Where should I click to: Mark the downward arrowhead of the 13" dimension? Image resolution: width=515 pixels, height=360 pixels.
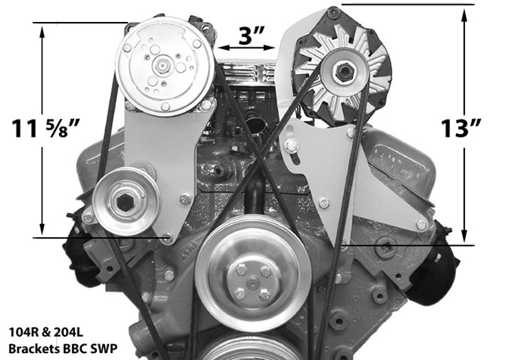[465, 234]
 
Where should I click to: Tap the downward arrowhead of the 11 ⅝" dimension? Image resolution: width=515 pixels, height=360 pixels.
[43, 229]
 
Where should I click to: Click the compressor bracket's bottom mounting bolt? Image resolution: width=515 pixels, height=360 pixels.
[167, 238]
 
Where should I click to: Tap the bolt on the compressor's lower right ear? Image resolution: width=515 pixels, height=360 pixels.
[205, 105]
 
